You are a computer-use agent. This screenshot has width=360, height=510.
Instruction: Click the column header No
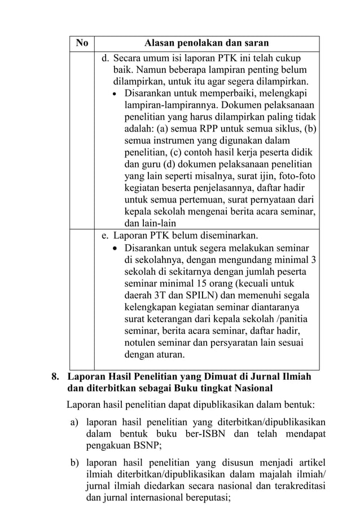tap(82, 43)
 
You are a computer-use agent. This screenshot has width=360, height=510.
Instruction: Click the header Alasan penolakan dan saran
tap(207, 43)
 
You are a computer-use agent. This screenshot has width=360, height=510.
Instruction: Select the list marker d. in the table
tap(106, 58)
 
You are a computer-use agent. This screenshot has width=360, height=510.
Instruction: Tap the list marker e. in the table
tap(106, 235)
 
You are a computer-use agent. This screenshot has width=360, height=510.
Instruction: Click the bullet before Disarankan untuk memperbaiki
tap(116, 94)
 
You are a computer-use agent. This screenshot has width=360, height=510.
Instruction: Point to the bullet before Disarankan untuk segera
tap(116, 249)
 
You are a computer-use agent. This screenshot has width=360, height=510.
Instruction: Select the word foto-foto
tap(299, 176)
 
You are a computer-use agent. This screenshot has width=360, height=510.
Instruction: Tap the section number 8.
tap(55, 376)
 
